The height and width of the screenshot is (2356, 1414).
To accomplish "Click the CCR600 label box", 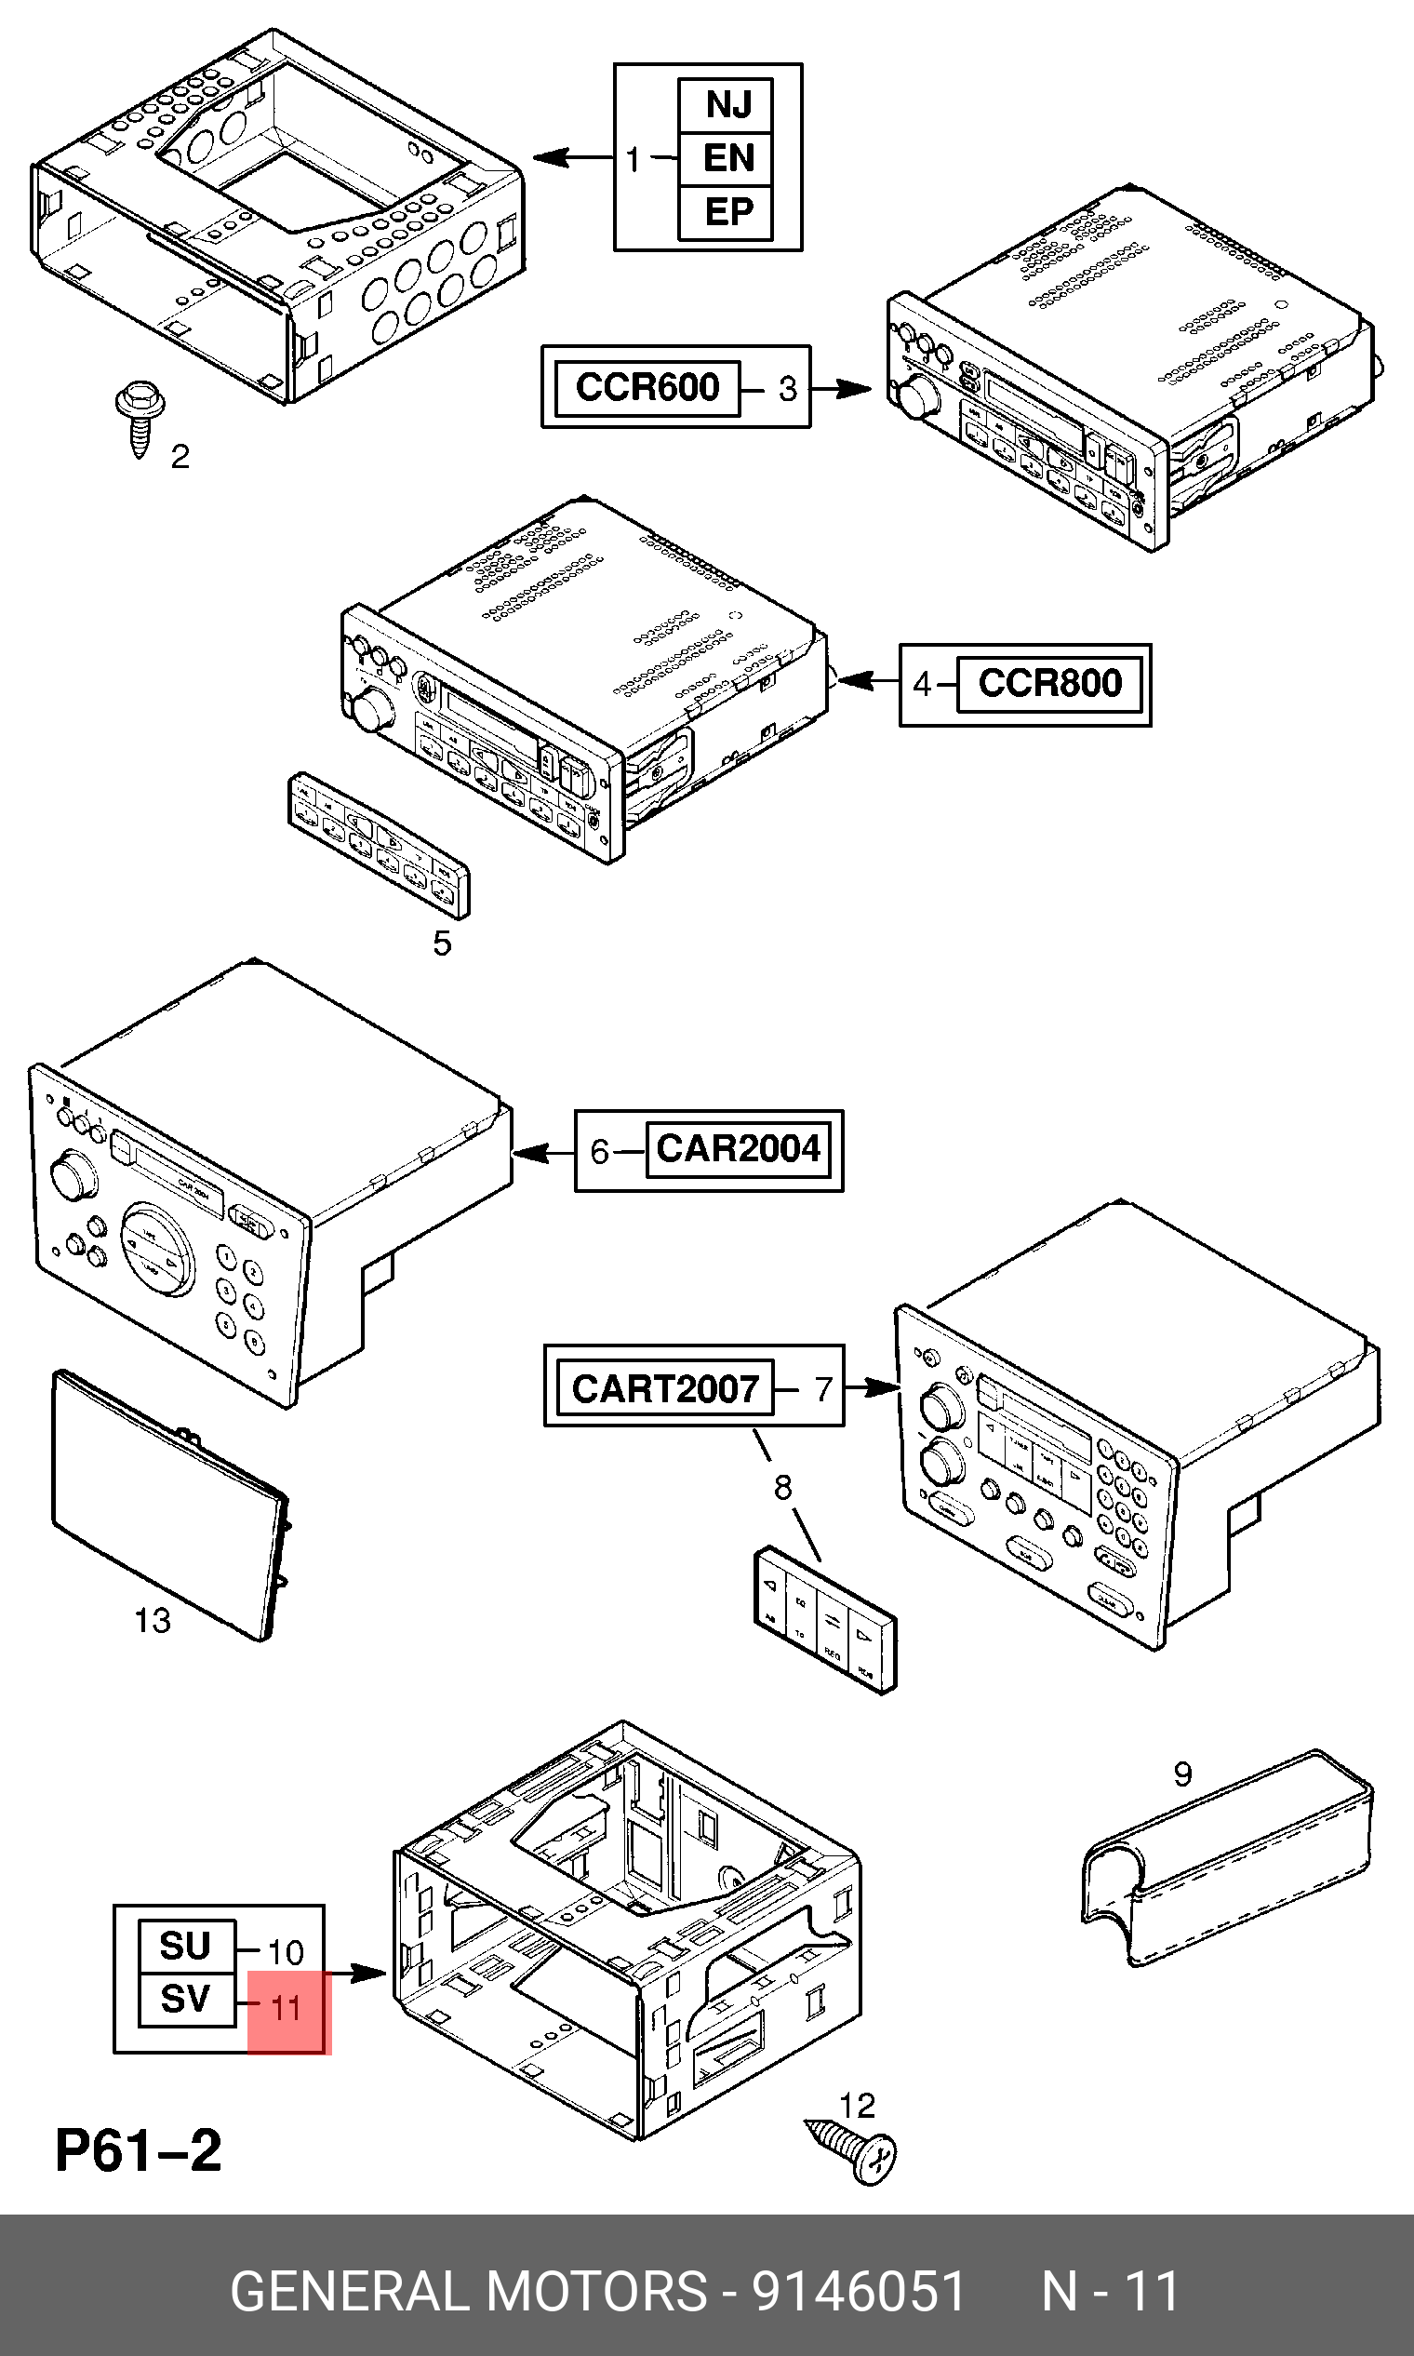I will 647,388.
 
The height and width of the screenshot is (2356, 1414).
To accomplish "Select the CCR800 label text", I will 1049,683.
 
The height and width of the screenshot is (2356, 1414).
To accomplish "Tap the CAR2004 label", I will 738,1149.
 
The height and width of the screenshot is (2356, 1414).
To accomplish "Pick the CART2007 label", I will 665,1388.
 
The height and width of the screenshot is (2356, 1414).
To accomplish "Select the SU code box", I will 186,1947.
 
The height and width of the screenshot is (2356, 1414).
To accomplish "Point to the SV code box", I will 186,2000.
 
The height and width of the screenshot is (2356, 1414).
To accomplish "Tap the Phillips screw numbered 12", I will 854,2147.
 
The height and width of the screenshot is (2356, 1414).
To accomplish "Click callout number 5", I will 442,944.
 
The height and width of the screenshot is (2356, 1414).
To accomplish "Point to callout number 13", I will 153,1620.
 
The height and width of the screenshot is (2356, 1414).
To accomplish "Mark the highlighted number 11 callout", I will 286,2008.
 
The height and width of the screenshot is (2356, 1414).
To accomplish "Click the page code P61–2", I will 140,2151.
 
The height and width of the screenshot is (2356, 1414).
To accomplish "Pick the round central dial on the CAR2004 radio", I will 158,1249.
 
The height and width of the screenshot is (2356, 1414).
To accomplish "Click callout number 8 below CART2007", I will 782,1488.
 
